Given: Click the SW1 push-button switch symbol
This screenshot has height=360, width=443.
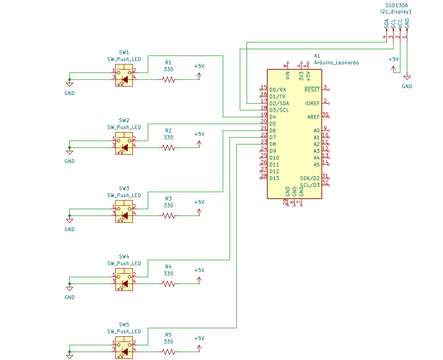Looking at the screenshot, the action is [x=124, y=75].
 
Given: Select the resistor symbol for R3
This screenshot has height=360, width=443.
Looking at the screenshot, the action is [x=169, y=216].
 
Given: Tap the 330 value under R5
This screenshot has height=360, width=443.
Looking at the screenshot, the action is [x=169, y=342].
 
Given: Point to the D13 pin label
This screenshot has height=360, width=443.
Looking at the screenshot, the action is [x=274, y=178].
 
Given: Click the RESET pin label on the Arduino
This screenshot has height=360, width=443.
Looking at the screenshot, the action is [x=312, y=90].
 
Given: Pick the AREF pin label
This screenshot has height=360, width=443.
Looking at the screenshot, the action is [x=313, y=117].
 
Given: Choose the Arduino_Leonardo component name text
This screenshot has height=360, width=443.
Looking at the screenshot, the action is [x=336, y=63].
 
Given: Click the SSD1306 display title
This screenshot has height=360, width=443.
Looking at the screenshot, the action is [x=396, y=5].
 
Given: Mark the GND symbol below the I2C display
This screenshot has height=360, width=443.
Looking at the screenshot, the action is [x=407, y=78].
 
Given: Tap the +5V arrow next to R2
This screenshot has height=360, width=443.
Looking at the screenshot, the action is [x=199, y=144].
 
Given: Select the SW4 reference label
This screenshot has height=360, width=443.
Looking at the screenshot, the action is [x=124, y=256].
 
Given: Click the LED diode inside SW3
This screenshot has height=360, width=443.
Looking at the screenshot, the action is [x=125, y=216].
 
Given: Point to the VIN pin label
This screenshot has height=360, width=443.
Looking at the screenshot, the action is [x=288, y=75].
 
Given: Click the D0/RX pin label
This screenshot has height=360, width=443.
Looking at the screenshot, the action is [x=278, y=90].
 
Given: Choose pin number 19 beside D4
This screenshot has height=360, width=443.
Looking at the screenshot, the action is [x=264, y=114].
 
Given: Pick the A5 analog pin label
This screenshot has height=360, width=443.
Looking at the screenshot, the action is [x=316, y=165].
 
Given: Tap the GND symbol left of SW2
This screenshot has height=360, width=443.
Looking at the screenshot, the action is [x=69, y=153].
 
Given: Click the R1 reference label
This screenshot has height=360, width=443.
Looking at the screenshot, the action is [x=169, y=63].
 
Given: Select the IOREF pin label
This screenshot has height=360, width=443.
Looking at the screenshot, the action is [x=312, y=103].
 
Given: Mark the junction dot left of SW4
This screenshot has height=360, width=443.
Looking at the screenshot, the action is [x=69, y=284].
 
